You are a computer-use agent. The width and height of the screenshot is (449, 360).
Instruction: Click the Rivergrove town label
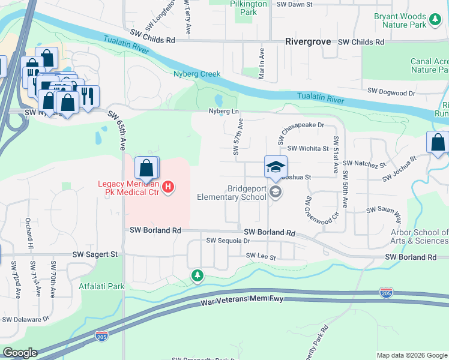[308, 42]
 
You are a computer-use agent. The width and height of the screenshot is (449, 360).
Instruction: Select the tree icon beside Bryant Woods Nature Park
[435, 21]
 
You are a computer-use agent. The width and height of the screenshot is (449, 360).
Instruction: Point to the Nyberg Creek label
[197, 74]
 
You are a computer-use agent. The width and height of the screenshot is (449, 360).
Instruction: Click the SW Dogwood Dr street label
[391, 93]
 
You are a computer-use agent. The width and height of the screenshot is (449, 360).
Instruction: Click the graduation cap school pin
[276, 167]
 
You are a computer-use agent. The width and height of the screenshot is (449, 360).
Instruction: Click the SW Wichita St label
[309, 148]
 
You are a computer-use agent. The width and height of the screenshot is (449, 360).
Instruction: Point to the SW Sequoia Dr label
[228, 241]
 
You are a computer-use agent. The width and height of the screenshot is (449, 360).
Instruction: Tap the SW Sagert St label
[95, 254]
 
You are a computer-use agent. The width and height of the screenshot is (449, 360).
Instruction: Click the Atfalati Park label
[102, 286]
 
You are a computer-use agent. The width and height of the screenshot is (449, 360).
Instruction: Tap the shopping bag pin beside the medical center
[146, 169]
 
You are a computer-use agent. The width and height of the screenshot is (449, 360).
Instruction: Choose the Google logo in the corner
[20, 353]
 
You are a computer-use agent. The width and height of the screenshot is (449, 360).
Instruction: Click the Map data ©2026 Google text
[411, 355]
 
